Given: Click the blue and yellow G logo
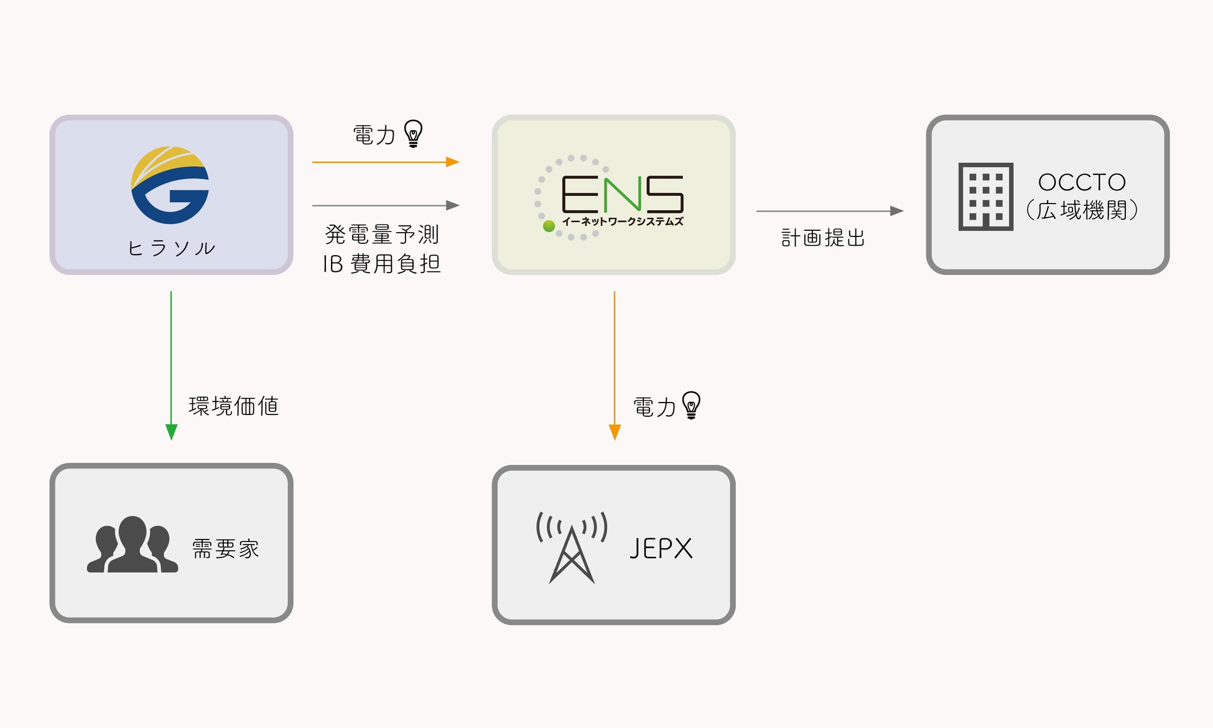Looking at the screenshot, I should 170,185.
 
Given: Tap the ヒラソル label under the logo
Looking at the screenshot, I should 172,248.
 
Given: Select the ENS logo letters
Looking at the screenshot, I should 622,194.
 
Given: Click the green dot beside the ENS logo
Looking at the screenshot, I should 549,226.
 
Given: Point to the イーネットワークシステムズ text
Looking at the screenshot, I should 622,222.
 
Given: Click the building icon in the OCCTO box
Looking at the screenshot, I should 985,197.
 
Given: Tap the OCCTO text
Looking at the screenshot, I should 1082,182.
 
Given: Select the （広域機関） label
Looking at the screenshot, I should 1082,210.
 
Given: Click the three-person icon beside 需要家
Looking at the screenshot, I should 132,544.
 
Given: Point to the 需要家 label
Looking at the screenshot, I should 225,549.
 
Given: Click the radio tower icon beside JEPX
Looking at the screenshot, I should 572,547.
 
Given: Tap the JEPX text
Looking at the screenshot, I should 661,549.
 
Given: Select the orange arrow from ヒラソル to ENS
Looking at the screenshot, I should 386,162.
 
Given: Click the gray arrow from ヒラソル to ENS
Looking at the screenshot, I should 386,205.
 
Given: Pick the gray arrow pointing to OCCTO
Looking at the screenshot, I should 830,211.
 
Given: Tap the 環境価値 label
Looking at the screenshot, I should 233,406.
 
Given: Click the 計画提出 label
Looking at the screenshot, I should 823,238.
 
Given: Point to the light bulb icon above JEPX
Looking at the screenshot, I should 691,405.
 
